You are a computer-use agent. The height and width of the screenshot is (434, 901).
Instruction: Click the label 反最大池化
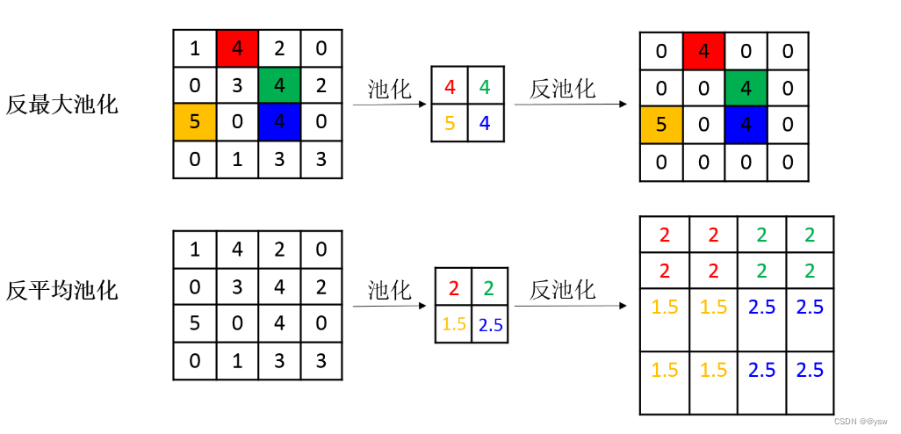61,105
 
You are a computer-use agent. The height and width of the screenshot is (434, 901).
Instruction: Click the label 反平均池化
61,291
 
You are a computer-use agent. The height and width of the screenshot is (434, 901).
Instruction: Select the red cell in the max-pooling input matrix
237,48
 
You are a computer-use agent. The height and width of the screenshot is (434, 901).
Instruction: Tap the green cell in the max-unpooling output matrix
746,88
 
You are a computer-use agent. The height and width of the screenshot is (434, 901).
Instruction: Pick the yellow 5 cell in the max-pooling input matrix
194,120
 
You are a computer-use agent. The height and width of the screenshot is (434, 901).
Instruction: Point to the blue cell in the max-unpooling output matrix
746,124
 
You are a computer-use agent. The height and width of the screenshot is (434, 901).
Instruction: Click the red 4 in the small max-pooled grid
450,87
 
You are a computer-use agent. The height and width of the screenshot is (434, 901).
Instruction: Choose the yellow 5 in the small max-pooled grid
450,123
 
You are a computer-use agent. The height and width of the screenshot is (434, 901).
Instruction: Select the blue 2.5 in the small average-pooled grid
490,324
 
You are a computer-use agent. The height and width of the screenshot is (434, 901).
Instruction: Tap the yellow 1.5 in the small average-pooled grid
454,324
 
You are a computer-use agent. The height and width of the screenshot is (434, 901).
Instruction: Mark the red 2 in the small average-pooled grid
454,287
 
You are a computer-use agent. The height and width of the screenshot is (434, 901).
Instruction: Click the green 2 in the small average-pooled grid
490,287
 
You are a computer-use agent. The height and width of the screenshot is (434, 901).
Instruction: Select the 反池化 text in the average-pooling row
563,290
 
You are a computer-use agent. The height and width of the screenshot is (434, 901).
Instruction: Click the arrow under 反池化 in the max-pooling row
571,105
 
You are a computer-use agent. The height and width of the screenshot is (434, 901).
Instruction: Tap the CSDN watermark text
861,422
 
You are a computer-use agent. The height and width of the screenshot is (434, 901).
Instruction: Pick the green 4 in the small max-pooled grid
486,87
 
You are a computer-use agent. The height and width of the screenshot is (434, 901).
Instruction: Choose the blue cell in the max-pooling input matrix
279,120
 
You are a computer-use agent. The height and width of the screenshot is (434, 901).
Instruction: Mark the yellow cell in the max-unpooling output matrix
660,124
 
